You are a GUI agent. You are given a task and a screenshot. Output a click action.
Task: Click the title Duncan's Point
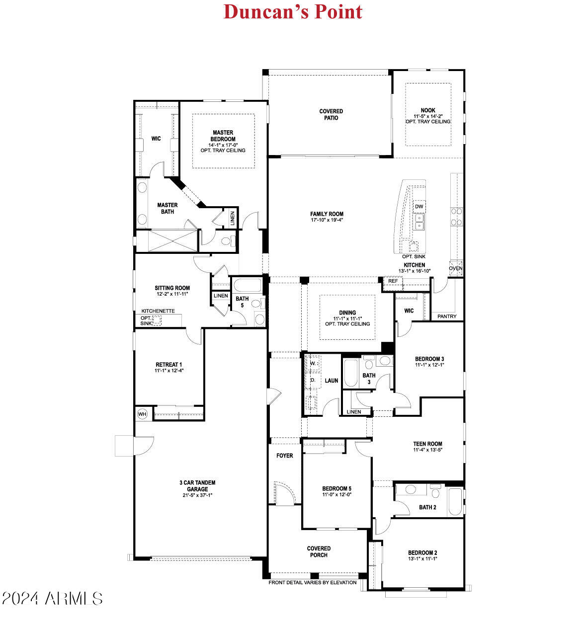(293, 11)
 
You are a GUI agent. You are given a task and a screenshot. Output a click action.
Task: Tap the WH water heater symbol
(142, 414)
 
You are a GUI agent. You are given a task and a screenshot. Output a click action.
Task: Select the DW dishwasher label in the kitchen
(419, 206)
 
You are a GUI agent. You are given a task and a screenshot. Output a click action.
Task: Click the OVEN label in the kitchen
(455, 268)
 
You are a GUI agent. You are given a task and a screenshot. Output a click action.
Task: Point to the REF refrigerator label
(393, 281)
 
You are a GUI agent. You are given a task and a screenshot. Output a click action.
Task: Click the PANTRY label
(447, 316)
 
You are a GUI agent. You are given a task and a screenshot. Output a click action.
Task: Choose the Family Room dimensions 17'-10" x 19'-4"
(327, 220)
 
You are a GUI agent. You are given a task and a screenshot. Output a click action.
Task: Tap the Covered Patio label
(331, 115)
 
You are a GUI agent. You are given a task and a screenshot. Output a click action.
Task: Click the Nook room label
(427, 111)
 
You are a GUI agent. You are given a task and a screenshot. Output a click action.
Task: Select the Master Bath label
(167, 208)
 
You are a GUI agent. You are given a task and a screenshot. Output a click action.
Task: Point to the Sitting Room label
(172, 288)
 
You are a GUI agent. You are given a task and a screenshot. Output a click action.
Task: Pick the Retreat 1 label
(168, 365)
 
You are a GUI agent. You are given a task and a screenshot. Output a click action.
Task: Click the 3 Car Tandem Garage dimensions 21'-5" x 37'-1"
(197, 495)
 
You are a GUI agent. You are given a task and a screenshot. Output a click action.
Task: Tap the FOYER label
(285, 456)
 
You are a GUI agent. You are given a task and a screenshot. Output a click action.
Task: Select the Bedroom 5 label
(336, 488)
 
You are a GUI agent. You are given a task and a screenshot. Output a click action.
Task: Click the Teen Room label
(427, 444)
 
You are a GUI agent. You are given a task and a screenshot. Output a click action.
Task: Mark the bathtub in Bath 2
(455, 502)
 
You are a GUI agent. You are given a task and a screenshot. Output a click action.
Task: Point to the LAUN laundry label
(332, 381)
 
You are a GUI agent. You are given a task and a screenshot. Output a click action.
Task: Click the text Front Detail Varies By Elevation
(313, 582)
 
